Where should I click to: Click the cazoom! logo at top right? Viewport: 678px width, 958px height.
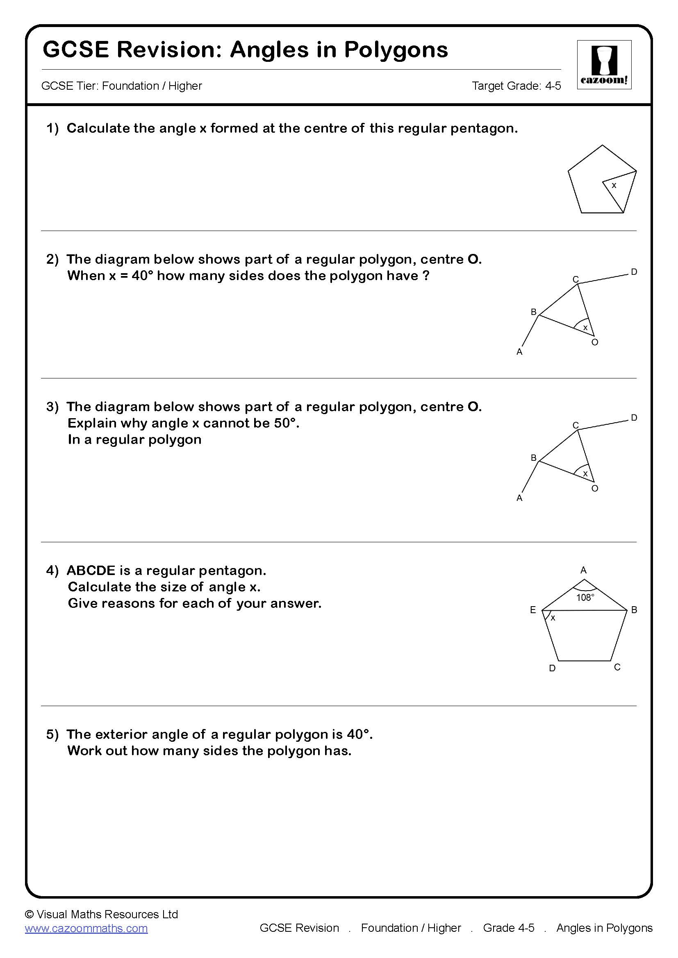(x=604, y=65)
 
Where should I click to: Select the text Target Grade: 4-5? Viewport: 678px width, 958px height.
(x=516, y=86)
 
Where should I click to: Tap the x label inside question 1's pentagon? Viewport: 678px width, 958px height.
(x=614, y=185)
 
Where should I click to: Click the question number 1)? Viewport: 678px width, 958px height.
(x=52, y=129)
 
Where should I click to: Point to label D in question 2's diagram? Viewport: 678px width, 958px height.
(x=634, y=272)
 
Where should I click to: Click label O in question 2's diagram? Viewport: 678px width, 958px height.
(x=595, y=342)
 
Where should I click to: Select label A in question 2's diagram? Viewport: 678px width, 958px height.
(x=519, y=352)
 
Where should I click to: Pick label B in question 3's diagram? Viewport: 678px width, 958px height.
(x=533, y=458)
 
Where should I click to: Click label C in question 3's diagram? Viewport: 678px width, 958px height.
(x=575, y=425)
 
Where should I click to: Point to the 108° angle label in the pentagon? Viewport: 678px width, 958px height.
(x=585, y=598)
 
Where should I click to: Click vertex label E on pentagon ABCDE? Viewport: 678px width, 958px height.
(x=533, y=610)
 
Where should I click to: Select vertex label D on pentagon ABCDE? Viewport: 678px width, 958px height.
(x=552, y=668)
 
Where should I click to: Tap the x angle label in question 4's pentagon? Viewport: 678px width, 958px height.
(x=553, y=618)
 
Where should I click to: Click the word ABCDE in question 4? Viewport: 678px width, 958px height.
(x=91, y=571)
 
